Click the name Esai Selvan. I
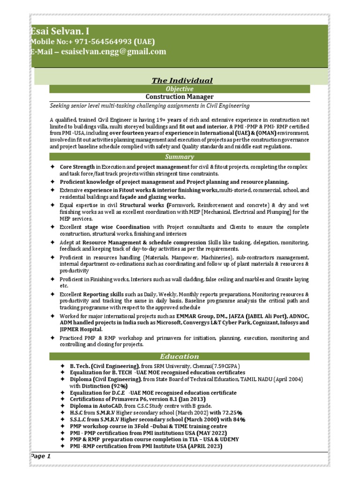coord(60,31)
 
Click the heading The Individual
coord(182,81)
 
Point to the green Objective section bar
coord(180,89)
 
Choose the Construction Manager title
coord(180,97)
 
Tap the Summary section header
coord(180,157)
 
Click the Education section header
coord(180,356)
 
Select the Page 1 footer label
coord(41,456)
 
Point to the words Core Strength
coord(77,167)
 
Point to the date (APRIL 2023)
coord(205,446)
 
